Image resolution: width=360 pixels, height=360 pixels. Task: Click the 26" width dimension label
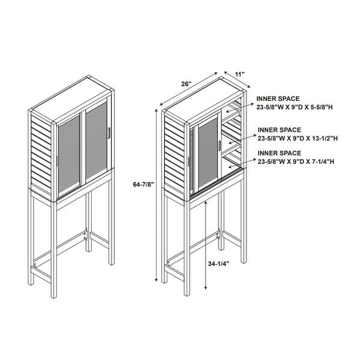coord(186,84)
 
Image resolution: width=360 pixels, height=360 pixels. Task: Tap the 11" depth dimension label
coord(239,74)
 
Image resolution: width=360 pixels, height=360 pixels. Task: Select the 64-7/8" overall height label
coord(143,184)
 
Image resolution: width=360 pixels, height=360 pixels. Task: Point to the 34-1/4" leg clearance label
coord(218,264)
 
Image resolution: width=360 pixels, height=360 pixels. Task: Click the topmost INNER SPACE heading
coord(278,99)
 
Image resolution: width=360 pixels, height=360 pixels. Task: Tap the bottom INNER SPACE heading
coord(280,153)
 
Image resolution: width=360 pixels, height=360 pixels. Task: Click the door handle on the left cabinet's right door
coord(109,133)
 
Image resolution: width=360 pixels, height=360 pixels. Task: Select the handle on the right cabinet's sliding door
coord(220,146)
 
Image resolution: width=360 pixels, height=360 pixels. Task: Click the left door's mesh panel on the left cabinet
coord(69,154)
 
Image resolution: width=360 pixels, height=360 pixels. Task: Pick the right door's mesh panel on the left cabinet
coord(97,140)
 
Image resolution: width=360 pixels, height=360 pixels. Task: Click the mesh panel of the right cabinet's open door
coord(208,153)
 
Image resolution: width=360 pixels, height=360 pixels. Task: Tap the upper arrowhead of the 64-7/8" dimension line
coord(157,111)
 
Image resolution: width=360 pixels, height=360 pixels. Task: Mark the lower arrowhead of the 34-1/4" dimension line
coord(206,287)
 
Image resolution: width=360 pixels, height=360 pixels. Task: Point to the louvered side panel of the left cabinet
coord(41,154)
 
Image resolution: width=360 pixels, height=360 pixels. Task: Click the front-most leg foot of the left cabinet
coord(54,296)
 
